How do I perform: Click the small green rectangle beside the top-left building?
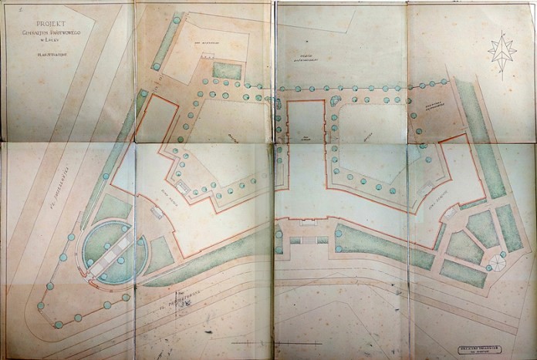[227, 71]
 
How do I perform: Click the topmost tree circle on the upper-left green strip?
[177, 20]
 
